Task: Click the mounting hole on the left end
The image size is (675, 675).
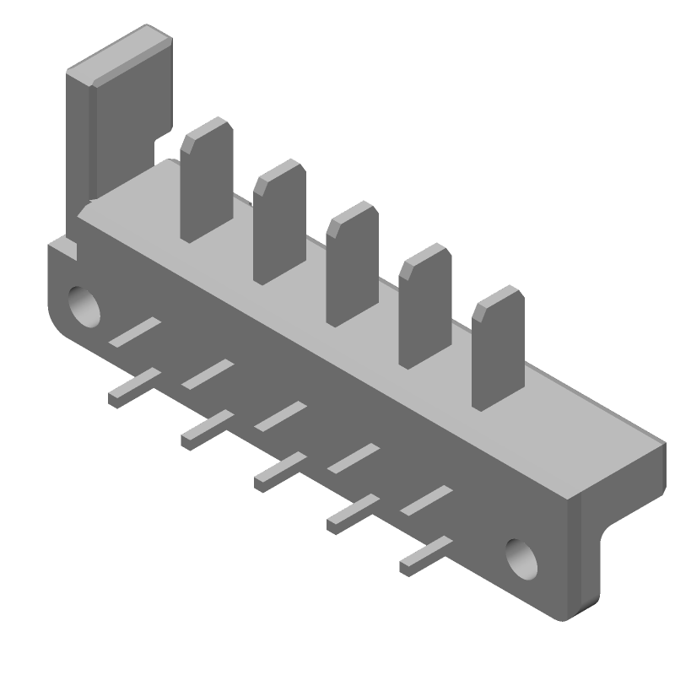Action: click(x=84, y=305)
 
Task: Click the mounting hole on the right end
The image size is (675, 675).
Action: click(x=522, y=558)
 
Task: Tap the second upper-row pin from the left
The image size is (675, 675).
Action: click(x=208, y=374)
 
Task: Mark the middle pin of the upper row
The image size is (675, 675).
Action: click(x=281, y=416)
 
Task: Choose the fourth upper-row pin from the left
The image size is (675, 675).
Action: click(x=354, y=458)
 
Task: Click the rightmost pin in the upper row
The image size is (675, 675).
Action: click(x=427, y=500)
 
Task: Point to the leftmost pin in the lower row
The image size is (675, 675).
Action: click(x=133, y=387)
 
